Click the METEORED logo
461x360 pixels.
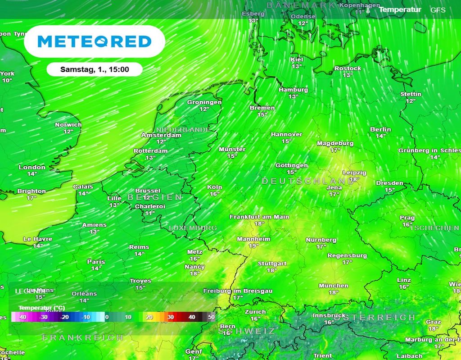(95, 41)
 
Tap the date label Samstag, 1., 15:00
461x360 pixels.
(95, 69)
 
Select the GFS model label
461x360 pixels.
(438, 10)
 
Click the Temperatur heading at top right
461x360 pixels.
(400, 9)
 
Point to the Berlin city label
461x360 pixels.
(380, 130)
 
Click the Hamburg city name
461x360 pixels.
(293, 90)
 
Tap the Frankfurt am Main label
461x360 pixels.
(259, 217)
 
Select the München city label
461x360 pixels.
(334, 286)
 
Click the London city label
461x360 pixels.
(32, 167)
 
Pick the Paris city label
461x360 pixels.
(96, 262)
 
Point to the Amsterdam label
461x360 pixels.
(161, 135)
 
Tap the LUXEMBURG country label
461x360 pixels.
(193, 228)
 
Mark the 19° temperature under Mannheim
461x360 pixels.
(253, 246)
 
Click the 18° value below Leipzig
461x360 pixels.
(355, 179)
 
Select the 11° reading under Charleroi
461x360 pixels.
(149, 213)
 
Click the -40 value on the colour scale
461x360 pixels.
(22, 317)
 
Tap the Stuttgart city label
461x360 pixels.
(272, 264)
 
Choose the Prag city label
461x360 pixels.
(407, 218)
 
